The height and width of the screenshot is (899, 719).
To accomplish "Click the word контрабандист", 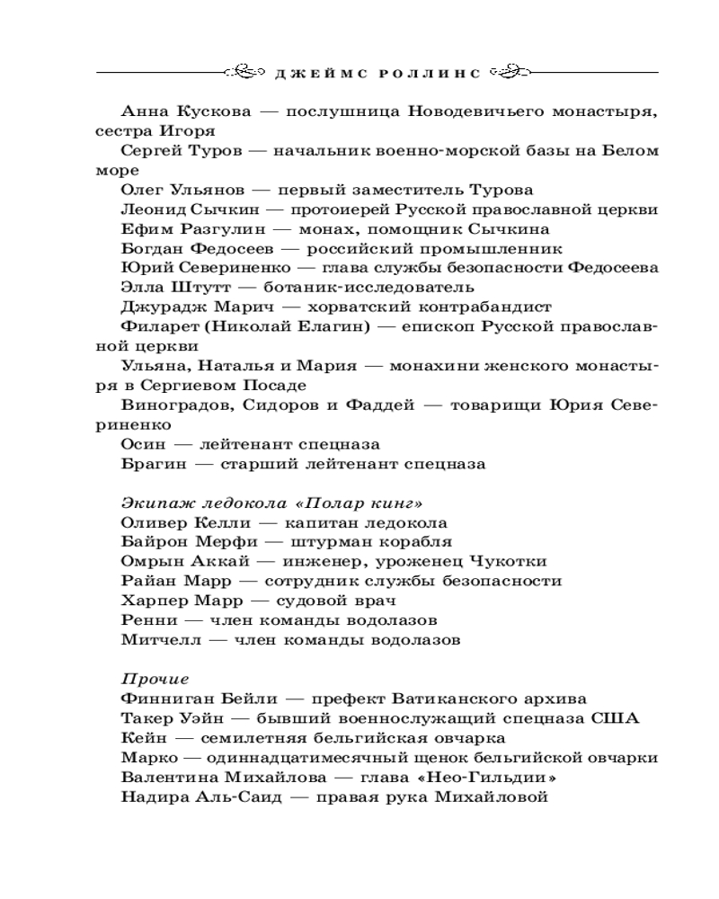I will point(485,307).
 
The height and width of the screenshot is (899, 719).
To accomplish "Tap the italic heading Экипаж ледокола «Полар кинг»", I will point(271,503).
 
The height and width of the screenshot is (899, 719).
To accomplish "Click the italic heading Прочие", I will point(155,679).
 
